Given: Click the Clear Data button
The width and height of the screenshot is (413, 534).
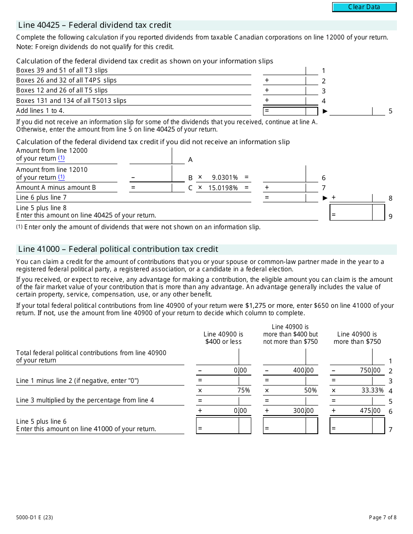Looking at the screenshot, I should pos(364,7).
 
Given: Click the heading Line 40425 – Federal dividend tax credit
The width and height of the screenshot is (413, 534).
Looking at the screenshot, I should pos(95,25).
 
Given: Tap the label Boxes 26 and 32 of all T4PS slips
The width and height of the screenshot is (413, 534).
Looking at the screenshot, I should pos(67,80).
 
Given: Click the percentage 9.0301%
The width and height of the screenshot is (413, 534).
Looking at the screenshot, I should pos(225,178).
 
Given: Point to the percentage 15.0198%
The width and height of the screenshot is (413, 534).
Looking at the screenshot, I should pos(223,188).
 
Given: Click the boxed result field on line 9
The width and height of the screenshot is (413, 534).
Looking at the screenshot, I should pos(357,213).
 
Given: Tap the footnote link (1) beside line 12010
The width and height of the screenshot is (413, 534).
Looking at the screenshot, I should pos(61,177).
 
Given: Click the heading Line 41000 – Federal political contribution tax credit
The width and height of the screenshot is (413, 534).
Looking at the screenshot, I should pos(118,249).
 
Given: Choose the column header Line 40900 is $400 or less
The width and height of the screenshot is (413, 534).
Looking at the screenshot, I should pos(223,338).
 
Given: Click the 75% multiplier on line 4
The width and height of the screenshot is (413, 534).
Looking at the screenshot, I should pos(243,390).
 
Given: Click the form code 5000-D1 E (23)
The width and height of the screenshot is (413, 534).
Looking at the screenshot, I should pos(35,517).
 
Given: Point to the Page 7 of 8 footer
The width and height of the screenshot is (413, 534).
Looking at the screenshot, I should pos(383,517).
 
